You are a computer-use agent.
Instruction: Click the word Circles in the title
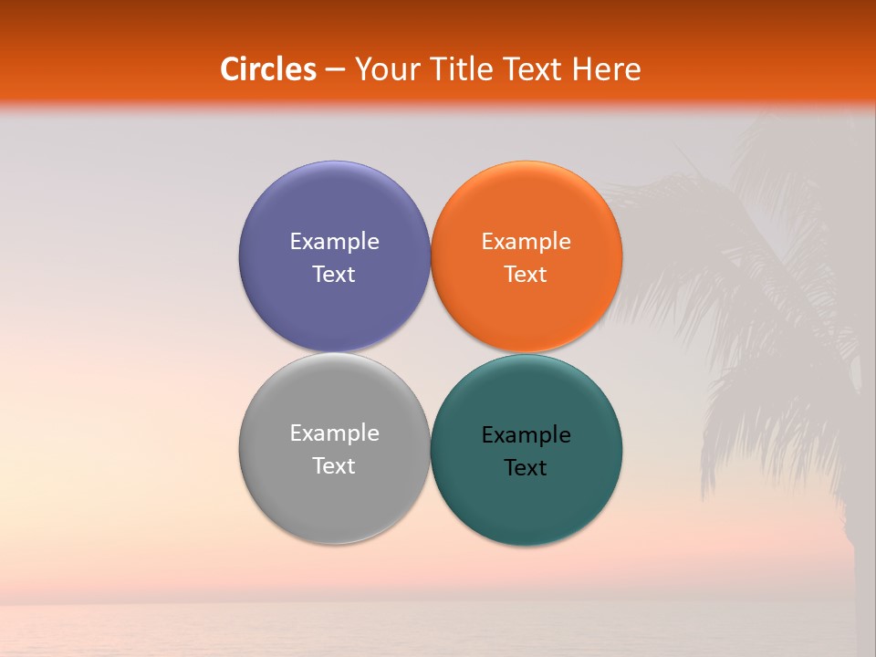click(x=267, y=69)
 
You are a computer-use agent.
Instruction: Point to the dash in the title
click(x=335, y=70)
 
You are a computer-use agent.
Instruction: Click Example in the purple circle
click(x=334, y=242)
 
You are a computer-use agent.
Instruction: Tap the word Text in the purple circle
click(x=334, y=275)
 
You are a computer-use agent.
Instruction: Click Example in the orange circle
click(x=526, y=242)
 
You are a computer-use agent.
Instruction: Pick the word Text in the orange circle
click(x=526, y=275)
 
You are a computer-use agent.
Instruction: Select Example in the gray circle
click(x=334, y=433)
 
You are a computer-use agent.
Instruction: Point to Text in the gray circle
click(x=334, y=466)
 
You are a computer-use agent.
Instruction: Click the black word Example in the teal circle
click(x=526, y=435)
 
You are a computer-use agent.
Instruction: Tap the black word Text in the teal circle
click(x=526, y=468)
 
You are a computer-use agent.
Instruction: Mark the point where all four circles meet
click(x=430, y=353)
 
